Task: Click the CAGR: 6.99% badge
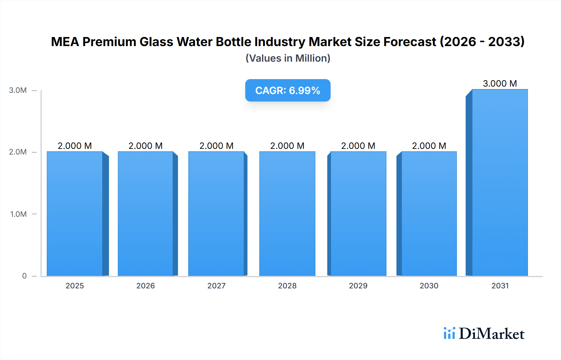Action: click(288, 90)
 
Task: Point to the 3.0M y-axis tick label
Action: click(18, 90)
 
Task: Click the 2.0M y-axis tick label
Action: click(18, 152)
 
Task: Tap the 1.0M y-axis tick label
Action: click(18, 214)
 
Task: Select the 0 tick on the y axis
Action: click(24, 276)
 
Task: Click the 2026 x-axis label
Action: click(146, 286)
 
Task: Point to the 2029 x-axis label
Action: click(358, 286)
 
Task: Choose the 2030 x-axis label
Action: click(429, 286)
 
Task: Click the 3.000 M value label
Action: click(500, 83)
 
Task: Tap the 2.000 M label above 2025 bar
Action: click(75, 146)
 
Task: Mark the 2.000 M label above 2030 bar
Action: click(429, 146)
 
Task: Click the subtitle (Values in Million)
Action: click(288, 58)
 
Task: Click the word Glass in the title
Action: click(156, 42)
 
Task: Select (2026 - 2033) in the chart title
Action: click(482, 42)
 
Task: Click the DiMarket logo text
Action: click(491, 334)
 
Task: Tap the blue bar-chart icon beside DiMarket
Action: click(449, 333)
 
